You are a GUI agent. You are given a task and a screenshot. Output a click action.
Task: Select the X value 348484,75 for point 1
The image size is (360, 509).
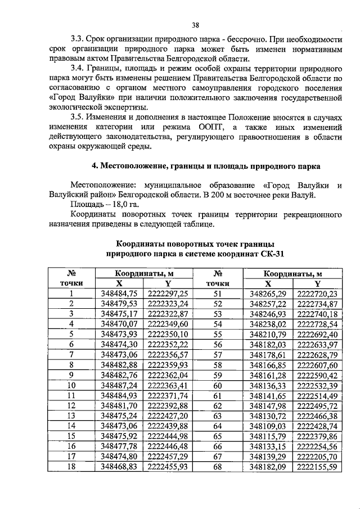coord(119,293)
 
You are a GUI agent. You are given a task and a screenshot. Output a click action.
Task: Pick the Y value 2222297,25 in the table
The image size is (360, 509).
coord(168,293)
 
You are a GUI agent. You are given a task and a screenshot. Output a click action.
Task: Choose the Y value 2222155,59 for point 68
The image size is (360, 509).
coord(317,466)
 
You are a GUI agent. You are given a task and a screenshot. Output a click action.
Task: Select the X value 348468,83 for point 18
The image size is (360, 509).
coord(119,466)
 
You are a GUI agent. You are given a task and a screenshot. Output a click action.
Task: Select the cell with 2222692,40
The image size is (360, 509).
coord(317,334)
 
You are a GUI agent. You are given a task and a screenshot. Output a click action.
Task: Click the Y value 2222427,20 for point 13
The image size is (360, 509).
coord(168,416)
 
